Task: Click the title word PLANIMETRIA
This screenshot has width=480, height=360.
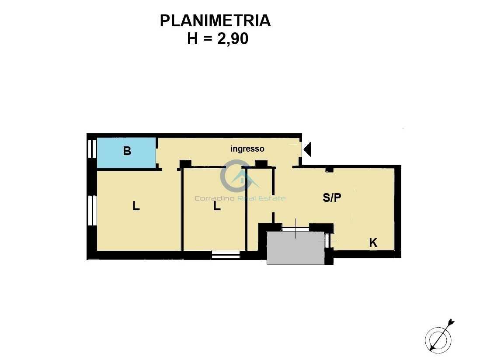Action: [215, 21]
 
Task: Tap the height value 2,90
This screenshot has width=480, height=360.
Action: [233, 39]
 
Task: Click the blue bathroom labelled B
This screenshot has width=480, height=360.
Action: [126, 152]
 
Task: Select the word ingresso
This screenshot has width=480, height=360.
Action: [247, 149]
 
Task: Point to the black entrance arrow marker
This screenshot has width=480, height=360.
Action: [307, 149]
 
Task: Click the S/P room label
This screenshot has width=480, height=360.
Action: [332, 197]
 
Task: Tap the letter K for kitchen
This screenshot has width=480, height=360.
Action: [373, 242]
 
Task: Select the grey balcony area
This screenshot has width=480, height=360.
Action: [296, 248]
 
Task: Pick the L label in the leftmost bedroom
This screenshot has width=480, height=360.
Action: [136, 205]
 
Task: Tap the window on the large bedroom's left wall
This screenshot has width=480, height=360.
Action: [92, 211]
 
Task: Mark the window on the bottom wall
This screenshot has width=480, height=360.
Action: [226, 255]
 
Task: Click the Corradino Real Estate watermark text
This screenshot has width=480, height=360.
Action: [240, 198]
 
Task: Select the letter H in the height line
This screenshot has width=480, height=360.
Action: [192, 39]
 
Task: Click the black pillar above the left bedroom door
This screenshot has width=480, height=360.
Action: [185, 164]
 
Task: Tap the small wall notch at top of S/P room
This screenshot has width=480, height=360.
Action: [329, 170]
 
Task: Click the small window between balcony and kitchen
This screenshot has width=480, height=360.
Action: [327, 241]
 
